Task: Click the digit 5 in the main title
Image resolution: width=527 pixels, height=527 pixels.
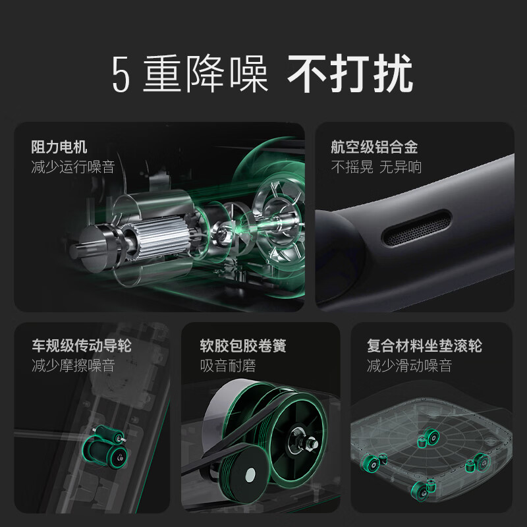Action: coord(121,74)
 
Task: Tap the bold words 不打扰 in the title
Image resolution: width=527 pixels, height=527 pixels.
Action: coord(350,74)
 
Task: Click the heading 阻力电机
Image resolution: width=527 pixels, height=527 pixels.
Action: coord(59,147)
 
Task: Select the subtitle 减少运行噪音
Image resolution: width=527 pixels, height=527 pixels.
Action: coord(73,167)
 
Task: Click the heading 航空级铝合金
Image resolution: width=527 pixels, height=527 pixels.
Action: coord(374,147)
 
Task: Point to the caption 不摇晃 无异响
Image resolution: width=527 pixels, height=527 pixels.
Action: coord(376,167)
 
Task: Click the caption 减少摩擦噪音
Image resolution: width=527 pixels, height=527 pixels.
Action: coord(73,366)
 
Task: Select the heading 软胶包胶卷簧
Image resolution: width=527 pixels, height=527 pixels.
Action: coord(243,346)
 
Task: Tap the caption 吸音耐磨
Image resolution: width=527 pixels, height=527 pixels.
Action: coord(228,366)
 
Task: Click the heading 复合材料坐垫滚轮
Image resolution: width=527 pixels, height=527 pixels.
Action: coord(424,346)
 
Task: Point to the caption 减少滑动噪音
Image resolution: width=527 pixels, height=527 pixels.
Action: coord(409,366)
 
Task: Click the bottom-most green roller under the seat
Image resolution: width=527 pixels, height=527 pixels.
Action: coord(422,487)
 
